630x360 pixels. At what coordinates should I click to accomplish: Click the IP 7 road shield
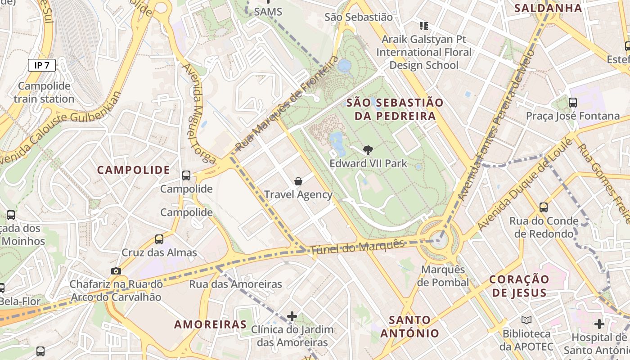[x=42, y=65]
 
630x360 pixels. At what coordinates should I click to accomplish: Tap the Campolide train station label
[x=44, y=92]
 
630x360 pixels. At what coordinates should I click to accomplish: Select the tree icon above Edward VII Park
[x=368, y=150]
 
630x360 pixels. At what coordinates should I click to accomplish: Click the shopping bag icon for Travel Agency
[x=298, y=181]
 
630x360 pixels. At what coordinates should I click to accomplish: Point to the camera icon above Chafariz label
[x=116, y=271]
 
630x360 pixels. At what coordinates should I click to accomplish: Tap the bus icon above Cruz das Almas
[x=159, y=239]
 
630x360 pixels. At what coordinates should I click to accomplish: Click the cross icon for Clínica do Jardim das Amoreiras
[x=292, y=316]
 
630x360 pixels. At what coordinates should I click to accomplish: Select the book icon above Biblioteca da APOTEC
[x=526, y=320]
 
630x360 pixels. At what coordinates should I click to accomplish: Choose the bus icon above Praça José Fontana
[x=573, y=103]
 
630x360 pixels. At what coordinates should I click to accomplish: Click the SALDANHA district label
[x=548, y=8]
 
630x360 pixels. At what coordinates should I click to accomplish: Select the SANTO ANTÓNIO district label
[x=409, y=327]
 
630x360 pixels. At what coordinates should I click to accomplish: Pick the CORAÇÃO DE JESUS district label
[x=519, y=286]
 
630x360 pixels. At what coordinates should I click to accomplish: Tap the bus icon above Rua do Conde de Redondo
[x=544, y=207]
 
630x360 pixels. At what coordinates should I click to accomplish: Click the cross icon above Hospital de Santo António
[x=599, y=324]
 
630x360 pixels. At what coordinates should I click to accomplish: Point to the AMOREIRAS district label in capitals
[x=211, y=324]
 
